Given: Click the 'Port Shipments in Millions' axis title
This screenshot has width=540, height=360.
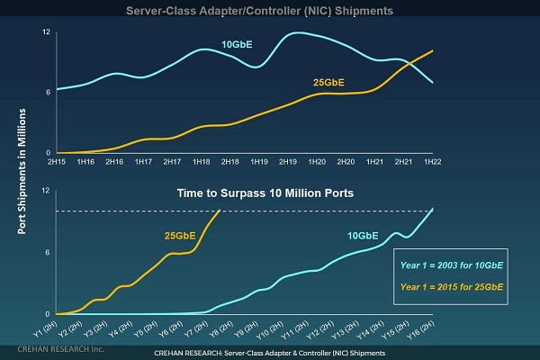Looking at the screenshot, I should [21, 170].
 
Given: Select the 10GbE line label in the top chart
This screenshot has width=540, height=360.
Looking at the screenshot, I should [238, 44].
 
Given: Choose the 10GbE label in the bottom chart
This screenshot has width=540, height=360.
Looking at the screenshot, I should [363, 236].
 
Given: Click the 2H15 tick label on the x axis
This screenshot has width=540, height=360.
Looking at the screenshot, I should [57, 162].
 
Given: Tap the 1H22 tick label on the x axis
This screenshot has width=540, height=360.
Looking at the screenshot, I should [433, 162].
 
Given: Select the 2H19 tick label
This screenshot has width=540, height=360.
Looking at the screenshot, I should [288, 162].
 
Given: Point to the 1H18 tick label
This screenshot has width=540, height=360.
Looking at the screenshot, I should [201, 162].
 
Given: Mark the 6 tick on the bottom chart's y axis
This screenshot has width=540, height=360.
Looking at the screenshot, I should [33, 252].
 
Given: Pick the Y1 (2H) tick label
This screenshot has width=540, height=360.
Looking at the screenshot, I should [41, 326].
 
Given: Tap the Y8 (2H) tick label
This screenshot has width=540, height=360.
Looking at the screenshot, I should [216, 326].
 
